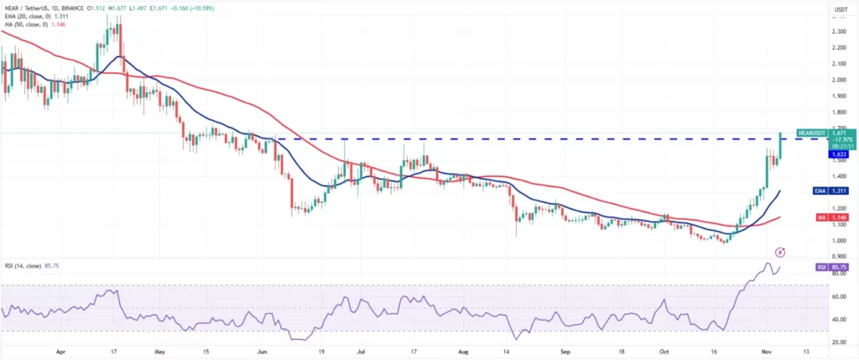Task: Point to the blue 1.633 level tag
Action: pos(837,154)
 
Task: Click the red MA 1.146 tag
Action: pos(837,217)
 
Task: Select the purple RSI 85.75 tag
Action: pos(836,267)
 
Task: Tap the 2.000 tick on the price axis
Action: pos(837,80)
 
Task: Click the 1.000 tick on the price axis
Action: pos(837,240)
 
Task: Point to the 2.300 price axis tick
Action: pos(837,31)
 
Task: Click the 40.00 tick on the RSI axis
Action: pos(837,320)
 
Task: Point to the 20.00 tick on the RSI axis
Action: pos(837,342)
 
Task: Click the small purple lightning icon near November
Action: pos(780,251)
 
